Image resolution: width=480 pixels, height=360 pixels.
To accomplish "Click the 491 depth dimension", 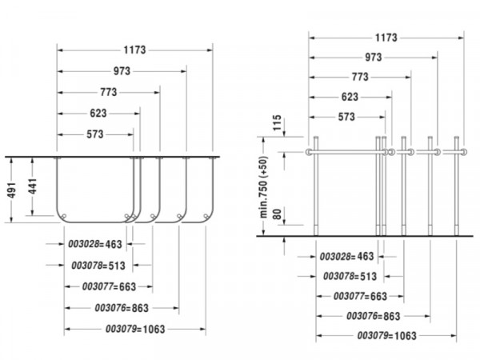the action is point(12,190).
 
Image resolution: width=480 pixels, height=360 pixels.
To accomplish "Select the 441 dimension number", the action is point(33,186).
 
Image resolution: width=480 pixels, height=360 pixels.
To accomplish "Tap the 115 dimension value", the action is point(277,122).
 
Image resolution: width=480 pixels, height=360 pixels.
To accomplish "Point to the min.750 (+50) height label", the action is point(264,187).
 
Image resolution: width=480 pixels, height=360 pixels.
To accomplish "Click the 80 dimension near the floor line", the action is point(277,214).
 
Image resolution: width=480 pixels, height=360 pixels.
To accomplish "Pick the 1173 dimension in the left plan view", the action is point(134,50).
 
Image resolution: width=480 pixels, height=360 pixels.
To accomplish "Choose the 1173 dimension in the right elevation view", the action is point(386,38).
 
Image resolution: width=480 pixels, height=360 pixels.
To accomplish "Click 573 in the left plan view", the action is point(95,134).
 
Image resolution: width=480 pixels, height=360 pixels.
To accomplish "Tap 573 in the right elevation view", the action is point(346,117).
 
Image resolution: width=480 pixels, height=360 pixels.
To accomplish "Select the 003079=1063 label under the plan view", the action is point(135,329).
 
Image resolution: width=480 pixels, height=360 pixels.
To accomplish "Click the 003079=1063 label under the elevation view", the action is point(387,335).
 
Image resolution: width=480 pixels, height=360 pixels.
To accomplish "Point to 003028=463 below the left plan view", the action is point(95,244).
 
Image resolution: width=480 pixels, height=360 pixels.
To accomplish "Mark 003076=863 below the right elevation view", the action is point(373,316).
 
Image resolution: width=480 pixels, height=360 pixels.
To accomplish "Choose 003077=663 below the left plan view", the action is point(109,286).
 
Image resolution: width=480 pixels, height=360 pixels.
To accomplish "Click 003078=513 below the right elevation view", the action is point(350,276).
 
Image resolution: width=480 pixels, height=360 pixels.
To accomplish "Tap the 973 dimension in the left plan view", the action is point(122,71).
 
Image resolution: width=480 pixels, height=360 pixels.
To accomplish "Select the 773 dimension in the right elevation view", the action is point(360,77).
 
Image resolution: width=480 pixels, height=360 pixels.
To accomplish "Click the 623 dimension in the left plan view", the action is point(98,113).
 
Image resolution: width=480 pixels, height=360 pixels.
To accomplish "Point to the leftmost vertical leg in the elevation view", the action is point(316,186).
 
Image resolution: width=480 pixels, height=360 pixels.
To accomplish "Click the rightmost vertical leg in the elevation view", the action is point(457,186).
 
